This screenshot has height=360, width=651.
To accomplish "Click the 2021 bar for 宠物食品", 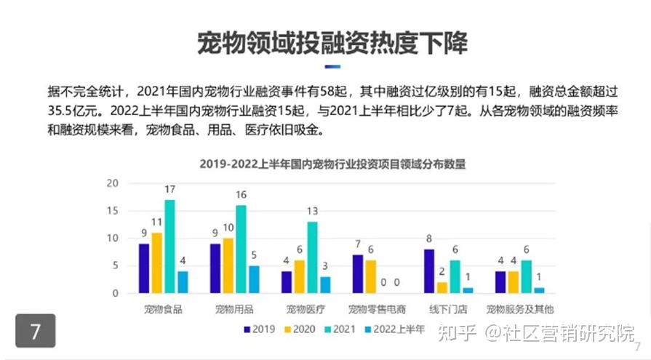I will tap(169, 246).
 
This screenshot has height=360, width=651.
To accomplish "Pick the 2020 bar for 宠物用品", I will tap(228, 265).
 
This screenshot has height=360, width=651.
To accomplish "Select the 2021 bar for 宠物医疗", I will tap(312, 257).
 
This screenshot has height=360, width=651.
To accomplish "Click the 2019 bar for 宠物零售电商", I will tap(357, 273).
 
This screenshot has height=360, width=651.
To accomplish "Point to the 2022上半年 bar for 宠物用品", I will tap(253, 279).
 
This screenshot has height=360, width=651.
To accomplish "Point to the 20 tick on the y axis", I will tap(112, 183).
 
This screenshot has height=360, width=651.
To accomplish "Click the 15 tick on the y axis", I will tap(112, 211).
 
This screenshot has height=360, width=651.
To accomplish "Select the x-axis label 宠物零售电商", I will tap(376, 309).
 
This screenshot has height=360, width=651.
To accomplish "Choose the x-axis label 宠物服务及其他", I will tap(519, 309).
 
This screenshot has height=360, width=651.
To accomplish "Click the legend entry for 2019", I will tap(258, 329).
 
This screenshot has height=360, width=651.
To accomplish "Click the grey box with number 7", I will tap(35, 331).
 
